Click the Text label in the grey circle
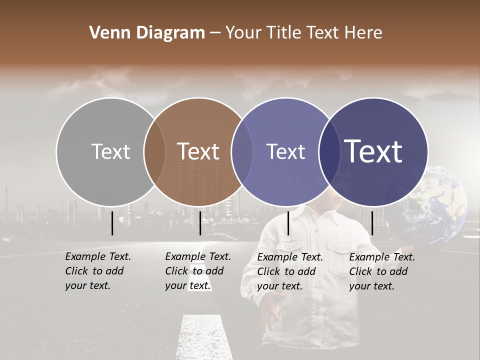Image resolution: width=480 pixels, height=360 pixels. click(110, 151)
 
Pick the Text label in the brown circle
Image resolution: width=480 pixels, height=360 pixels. click(198, 151)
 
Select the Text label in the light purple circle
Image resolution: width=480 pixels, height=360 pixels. click(285, 151)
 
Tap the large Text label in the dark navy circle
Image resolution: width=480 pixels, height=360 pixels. click(373, 151)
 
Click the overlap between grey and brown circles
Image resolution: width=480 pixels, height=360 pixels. click(154, 151)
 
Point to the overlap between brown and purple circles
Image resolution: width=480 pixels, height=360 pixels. click(242, 151)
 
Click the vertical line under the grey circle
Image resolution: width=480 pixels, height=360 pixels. click(112, 222)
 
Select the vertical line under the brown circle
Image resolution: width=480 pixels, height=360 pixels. click(200, 222)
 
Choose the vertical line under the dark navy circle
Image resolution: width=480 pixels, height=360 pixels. click(372, 222)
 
